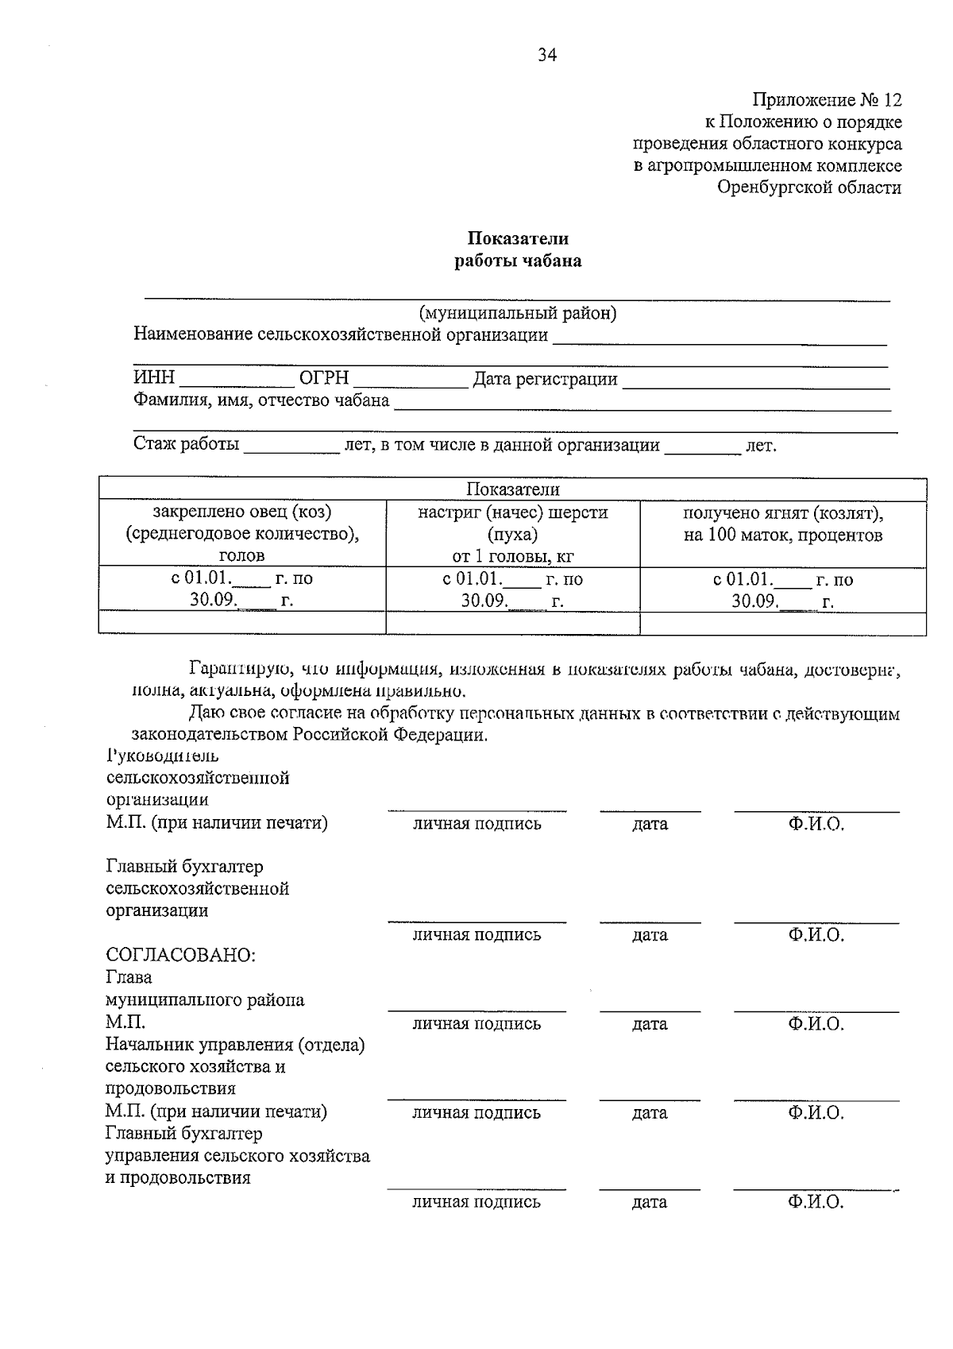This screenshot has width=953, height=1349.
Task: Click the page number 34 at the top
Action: [547, 55]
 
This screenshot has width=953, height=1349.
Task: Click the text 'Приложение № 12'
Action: [827, 100]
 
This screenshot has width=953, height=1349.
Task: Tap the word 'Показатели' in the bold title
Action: [517, 238]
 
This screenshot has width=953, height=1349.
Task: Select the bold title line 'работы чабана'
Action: [517, 261]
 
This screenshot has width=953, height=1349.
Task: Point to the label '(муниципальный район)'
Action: [518, 313]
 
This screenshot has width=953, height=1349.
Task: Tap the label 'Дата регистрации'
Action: [545, 380]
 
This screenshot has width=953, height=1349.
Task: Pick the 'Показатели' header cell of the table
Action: [512, 489]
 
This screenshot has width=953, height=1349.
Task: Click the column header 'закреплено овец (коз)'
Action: [242, 512]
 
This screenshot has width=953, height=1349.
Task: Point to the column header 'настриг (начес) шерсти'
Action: [512, 512]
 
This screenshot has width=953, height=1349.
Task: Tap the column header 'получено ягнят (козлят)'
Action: [782, 512]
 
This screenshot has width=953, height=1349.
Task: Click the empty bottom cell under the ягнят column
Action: [782, 623]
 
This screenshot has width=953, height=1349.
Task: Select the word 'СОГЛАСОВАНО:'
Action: [181, 955]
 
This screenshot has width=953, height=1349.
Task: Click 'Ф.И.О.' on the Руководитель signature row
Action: [816, 824]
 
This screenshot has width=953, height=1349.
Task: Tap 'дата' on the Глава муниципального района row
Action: [650, 1024]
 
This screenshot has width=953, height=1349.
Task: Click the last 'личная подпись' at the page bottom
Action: [476, 1202]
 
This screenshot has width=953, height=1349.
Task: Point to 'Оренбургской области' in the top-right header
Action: [809, 188]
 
